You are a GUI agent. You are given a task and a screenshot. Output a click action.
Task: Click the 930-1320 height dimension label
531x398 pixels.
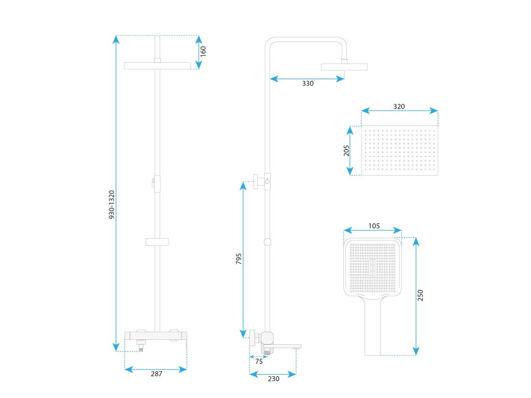111,205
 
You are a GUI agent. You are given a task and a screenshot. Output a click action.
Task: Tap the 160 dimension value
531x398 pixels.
203,51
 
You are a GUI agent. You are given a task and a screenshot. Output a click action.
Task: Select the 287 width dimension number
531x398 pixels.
157,374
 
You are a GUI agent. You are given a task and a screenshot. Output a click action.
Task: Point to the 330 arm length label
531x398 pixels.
308,83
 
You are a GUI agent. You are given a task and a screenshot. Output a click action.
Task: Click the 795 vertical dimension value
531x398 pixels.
239,259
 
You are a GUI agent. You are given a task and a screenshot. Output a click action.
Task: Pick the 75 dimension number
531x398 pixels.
259,362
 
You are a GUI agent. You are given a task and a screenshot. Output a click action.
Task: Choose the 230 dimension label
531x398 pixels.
273,379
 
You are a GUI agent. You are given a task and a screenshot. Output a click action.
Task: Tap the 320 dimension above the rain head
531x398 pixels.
399,106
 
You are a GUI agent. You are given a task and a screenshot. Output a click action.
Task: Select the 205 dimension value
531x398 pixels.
346,150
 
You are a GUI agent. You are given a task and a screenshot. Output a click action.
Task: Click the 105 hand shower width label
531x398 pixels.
374,226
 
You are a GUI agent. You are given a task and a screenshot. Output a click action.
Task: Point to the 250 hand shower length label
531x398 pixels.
421,295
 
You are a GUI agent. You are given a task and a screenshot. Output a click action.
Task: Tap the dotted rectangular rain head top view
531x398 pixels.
399,151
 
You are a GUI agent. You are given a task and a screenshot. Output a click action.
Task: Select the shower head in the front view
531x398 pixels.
158,66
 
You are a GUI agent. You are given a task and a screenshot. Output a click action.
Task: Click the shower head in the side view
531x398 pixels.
344,66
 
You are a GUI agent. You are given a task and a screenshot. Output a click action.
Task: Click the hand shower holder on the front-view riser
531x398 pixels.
157,241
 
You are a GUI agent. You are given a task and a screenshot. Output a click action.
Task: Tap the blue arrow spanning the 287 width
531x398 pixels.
156,369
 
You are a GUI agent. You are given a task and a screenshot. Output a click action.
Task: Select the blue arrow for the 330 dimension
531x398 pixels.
308,79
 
